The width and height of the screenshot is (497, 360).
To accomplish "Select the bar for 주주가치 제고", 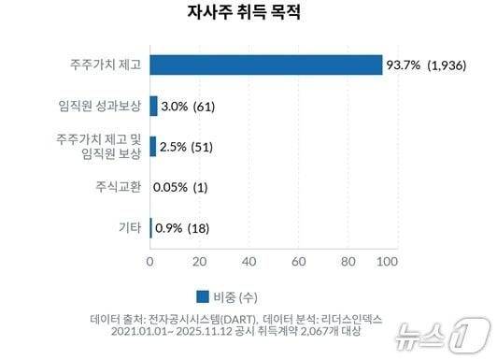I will pyautogui.click(x=265, y=65).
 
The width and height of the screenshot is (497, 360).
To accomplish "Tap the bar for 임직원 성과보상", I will pyautogui.click(x=153, y=106).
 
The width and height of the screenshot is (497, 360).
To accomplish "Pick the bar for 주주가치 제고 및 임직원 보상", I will pyautogui.click(x=152, y=146).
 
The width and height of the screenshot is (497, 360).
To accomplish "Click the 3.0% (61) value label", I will pyautogui.click(x=189, y=106).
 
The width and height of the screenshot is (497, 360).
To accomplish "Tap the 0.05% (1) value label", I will pyautogui.click(x=180, y=187).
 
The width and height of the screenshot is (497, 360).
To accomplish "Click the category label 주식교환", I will pyautogui.click(x=117, y=187).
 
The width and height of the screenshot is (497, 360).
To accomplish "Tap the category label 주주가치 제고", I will pyautogui.click(x=103, y=65).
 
